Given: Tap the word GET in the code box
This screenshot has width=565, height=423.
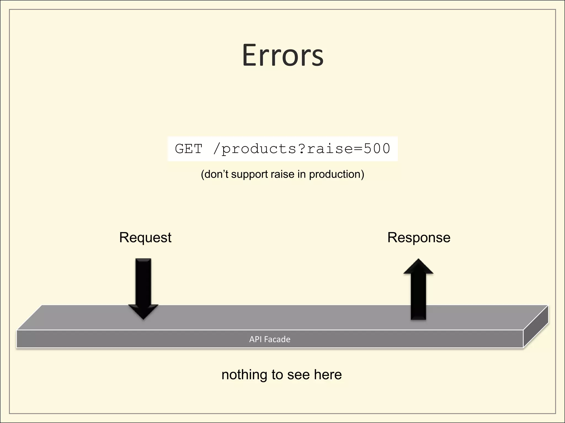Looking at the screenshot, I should [x=189, y=149].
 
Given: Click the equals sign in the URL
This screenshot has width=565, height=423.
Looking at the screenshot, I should [x=358, y=149].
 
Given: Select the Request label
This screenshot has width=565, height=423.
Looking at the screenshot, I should [x=145, y=238].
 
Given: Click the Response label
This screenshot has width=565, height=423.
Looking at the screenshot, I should [x=419, y=238].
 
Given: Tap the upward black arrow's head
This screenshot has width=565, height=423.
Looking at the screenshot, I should [x=419, y=267].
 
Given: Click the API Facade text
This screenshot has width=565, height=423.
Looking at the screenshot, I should [x=270, y=339].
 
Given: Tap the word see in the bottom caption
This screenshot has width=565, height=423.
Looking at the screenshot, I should [x=299, y=375].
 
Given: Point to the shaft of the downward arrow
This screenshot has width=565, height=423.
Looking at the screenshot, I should [x=143, y=281].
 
